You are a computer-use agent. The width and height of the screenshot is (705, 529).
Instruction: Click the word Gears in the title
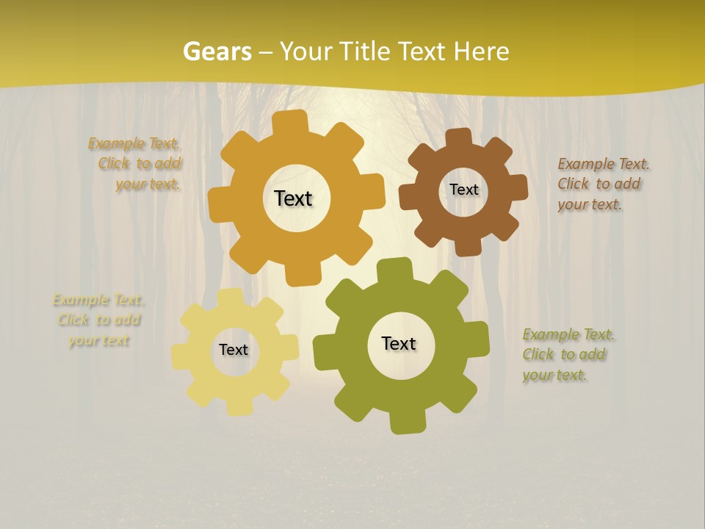pos(217,51)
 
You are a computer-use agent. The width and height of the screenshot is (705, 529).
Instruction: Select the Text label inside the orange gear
pos(293,198)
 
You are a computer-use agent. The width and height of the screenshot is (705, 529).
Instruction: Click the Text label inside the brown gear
pos(463,190)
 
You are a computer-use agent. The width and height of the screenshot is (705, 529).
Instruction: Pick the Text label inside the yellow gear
pos(234,350)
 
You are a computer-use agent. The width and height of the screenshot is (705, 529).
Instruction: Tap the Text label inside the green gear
pos(399,343)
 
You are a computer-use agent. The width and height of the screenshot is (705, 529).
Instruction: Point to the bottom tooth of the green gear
pos(406,422)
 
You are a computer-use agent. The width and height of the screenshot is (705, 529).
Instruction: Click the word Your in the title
pos(308,51)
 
